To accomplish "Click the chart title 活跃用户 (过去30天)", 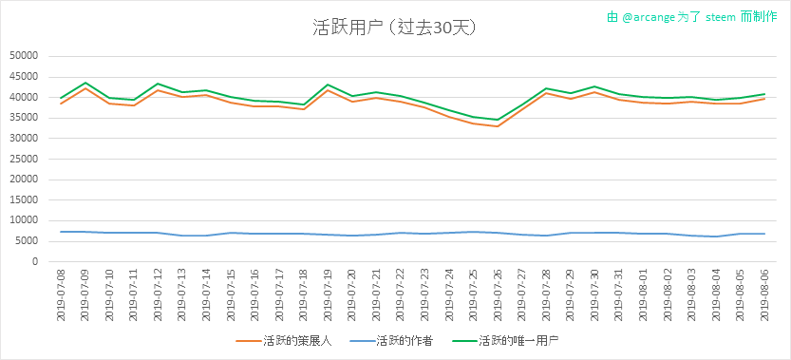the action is [395, 28].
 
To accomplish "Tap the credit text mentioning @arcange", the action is [691, 17].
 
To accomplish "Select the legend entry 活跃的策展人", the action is [284, 341].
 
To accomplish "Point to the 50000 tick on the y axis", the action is [24, 57].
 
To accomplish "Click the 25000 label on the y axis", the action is [24, 159].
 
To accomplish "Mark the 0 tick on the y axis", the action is [35, 261].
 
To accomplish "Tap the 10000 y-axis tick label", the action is [24, 220].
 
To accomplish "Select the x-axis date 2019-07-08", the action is [61, 294].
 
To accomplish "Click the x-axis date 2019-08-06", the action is [764, 294].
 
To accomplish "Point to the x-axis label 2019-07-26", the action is [498, 294].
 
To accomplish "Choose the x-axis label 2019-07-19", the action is [328, 294].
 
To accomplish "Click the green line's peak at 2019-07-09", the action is [85, 83].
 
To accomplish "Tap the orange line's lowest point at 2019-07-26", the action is [498, 126].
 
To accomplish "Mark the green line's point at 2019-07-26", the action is [498, 120].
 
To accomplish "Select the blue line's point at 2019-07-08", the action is [61, 232].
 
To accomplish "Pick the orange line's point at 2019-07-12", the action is [158, 90].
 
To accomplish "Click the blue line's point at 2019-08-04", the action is [716, 237].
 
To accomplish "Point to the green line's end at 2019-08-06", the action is [764, 94].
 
